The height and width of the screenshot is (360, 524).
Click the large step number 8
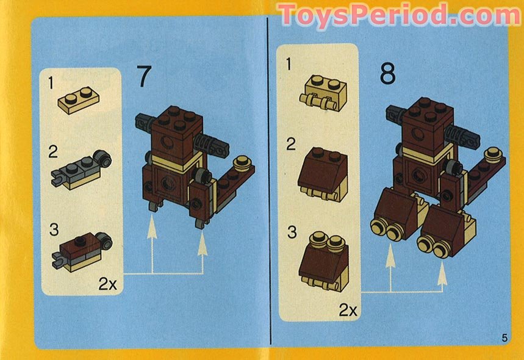coord(387,74)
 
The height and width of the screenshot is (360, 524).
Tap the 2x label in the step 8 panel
coord(348,309)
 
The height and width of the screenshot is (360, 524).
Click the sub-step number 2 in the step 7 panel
coord(54,151)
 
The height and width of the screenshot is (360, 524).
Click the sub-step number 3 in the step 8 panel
coord(292,232)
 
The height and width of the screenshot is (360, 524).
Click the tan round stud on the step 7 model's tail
coord(243,162)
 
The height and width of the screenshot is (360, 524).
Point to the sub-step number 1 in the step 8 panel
coord(290,63)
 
